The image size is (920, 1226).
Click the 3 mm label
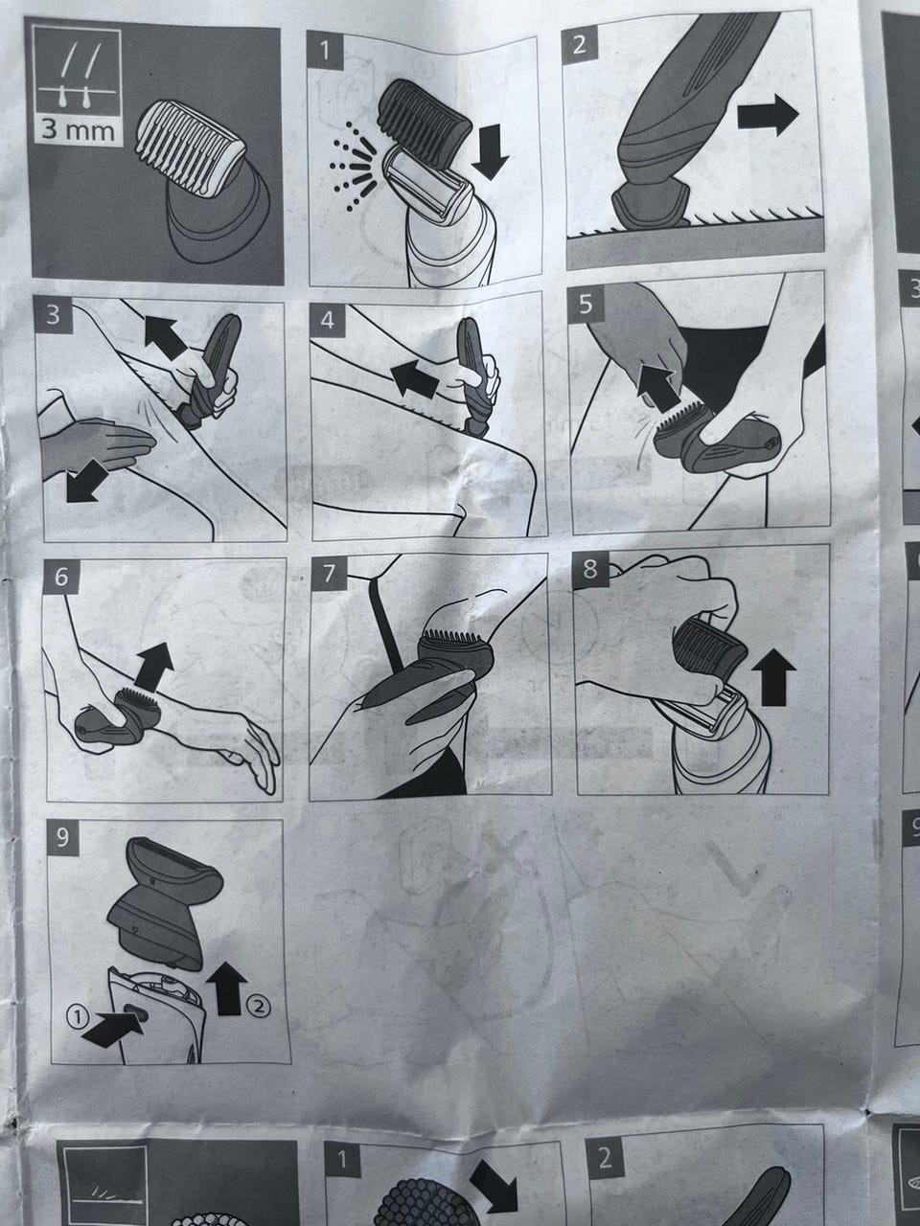79,130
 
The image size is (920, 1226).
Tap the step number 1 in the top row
325,51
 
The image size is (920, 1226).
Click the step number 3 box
53,314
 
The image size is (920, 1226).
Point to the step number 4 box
328,320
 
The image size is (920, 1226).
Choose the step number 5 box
585,305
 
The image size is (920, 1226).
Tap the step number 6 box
61,577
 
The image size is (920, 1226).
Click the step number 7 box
328,574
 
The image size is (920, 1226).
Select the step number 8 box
590,569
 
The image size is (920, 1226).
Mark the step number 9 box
62,838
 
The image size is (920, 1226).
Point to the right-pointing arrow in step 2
767,115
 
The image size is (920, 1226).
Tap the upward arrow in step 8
773,679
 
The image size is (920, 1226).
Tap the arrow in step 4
414,377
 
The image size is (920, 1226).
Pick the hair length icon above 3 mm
77,76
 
